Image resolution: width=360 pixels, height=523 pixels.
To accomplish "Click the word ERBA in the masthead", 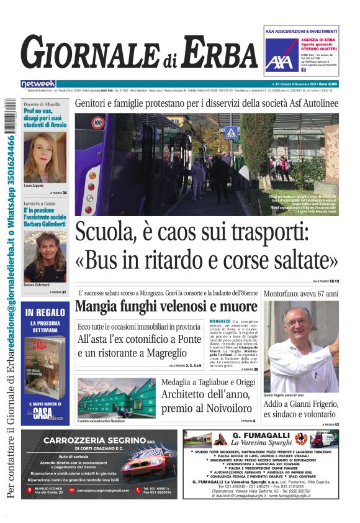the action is [x=209, y=52].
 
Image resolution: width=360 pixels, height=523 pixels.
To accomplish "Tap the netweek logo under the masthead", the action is [x=38, y=84].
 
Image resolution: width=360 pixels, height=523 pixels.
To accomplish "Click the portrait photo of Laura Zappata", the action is [x=45, y=157].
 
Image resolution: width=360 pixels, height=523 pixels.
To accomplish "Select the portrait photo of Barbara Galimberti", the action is [x=45, y=257].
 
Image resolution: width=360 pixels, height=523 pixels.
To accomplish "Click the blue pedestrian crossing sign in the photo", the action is [x=232, y=132].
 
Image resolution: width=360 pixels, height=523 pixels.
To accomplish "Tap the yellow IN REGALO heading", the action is [x=45, y=314].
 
